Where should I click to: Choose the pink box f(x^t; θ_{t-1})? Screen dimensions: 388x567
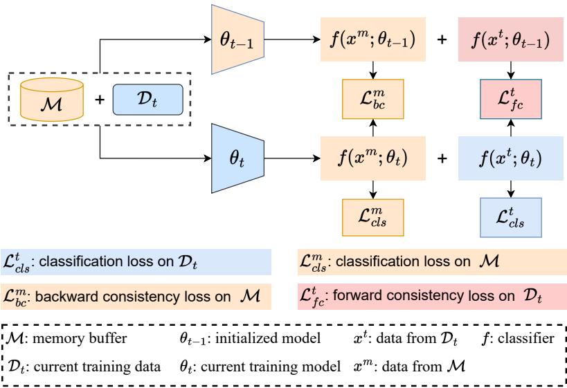(510, 41)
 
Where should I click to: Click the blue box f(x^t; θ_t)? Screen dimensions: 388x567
(510, 158)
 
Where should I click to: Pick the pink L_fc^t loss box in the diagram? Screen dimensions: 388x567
(510, 100)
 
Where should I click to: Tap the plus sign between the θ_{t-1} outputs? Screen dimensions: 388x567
(442, 41)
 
